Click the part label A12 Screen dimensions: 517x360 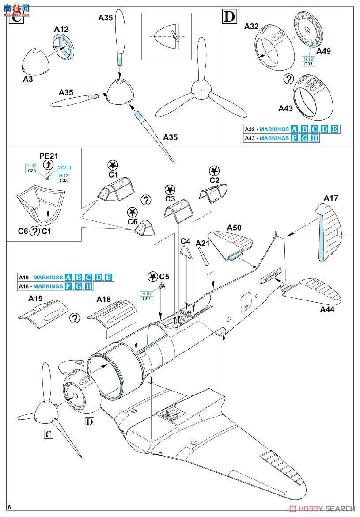(61, 30)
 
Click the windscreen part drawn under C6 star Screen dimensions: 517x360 (144, 229)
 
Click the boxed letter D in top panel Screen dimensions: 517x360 (229, 17)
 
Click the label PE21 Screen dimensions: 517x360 (48, 156)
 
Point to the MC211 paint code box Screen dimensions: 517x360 (64, 168)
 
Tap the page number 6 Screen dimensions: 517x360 (9, 506)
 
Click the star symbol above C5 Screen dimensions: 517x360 (152, 276)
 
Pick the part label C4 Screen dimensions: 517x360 (186, 241)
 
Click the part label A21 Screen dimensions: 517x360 (203, 243)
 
